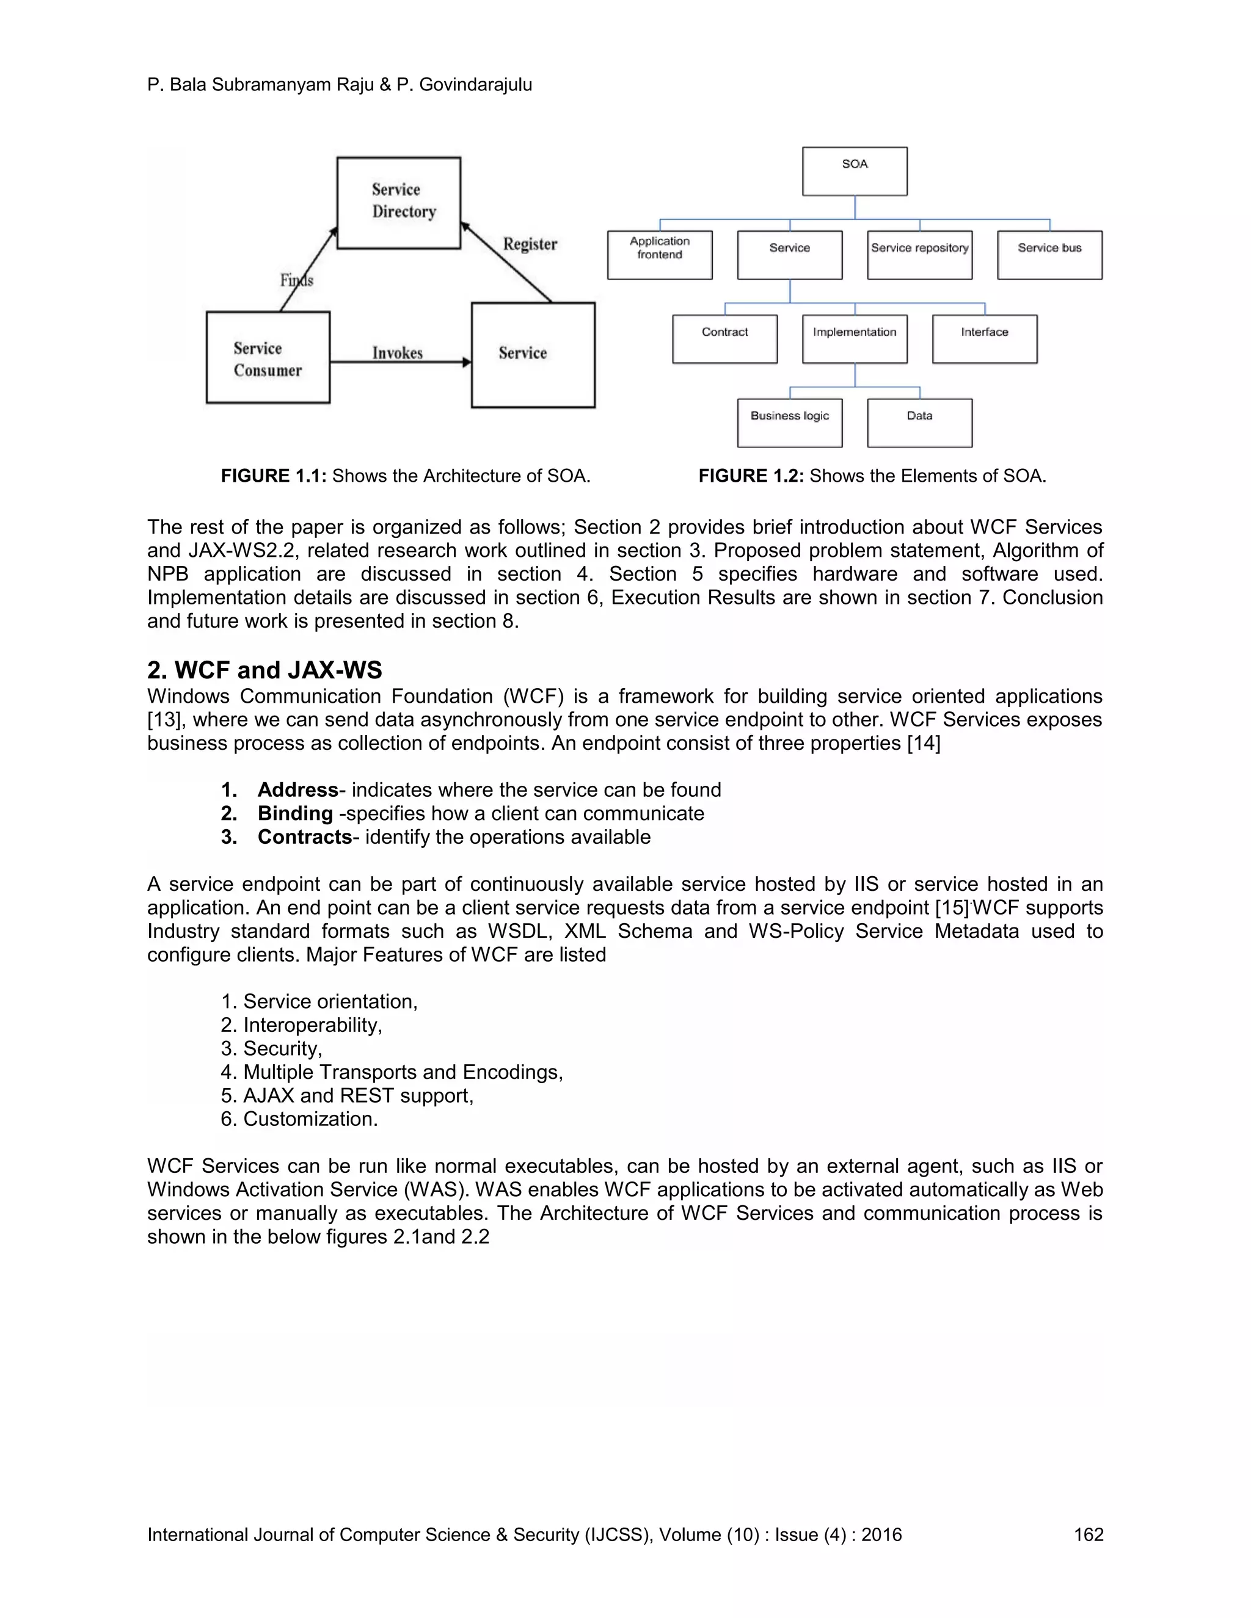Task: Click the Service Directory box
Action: click(399, 202)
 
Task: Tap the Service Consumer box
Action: click(268, 358)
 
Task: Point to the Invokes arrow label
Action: click(397, 353)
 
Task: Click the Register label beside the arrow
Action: click(530, 244)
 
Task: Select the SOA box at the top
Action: click(855, 171)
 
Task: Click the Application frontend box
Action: click(660, 255)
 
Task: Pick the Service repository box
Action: click(920, 255)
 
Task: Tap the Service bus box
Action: click(1049, 255)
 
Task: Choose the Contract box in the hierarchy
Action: click(725, 339)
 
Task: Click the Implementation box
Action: click(855, 339)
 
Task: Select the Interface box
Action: click(984, 339)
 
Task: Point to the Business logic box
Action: click(789, 423)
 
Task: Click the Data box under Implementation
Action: click(920, 423)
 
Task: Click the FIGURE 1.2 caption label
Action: click(751, 476)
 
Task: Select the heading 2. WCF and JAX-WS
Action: click(264, 670)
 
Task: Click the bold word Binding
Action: click(295, 813)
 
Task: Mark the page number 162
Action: click(1088, 1534)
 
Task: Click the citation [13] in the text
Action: click(167, 720)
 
